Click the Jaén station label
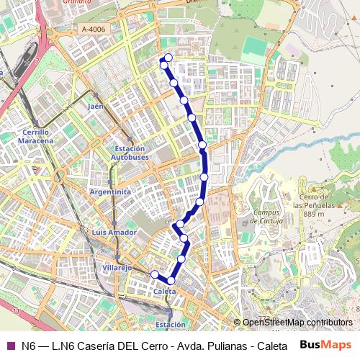point(96,106)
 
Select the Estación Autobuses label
point(131,153)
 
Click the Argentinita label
point(111,192)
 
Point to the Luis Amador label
point(114,233)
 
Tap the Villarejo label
point(117,267)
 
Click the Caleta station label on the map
point(164,291)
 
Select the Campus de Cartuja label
point(266,217)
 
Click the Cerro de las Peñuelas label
point(317,204)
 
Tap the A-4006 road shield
point(94,30)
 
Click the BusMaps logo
point(325,345)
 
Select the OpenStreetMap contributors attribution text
point(297,323)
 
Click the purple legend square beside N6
point(10,346)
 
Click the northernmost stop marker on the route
point(168,58)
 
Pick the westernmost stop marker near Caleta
point(154,274)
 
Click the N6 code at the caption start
point(28,346)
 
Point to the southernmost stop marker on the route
point(171,281)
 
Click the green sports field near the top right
point(254,49)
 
